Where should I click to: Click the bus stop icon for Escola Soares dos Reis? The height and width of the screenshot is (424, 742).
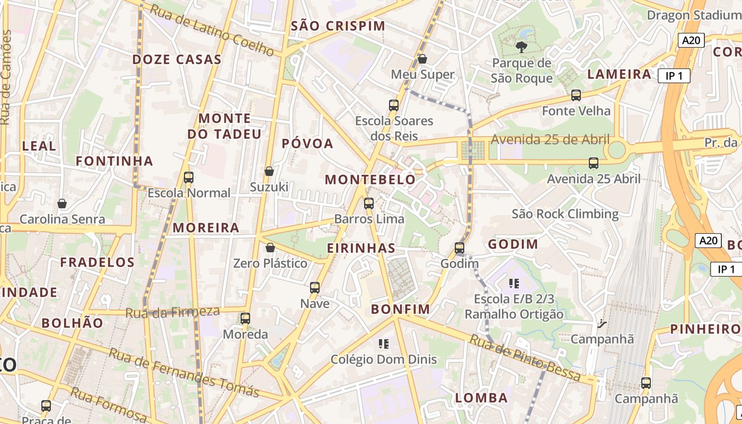tap(393, 105)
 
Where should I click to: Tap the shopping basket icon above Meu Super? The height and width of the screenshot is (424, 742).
tap(422, 58)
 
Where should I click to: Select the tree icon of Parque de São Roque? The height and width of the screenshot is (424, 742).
tap(522, 47)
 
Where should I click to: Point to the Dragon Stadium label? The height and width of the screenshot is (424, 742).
tap(693, 15)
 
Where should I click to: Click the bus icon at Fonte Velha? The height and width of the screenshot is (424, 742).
tap(576, 95)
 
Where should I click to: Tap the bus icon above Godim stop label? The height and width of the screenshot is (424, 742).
tap(460, 248)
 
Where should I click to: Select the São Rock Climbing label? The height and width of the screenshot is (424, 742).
tap(565, 214)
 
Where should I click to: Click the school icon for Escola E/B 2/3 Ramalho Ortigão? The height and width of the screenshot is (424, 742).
tap(514, 283)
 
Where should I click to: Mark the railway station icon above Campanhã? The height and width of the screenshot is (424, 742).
tap(602, 323)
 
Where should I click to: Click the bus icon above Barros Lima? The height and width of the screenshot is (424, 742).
tap(369, 203)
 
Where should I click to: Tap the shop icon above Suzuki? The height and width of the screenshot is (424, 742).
tap(269, 171)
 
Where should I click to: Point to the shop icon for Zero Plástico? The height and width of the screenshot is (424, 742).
tap(270, 248)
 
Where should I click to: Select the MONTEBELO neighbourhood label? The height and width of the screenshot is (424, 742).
tap(370, 180)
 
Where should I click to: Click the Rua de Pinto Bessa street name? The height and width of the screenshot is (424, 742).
tap(525, 358)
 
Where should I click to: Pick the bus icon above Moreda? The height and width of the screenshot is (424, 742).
tap(245, 318)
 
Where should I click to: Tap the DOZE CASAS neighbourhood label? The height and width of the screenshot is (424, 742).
tap(176, 59)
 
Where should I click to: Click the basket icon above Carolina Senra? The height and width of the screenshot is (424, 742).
tap(62, 204)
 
